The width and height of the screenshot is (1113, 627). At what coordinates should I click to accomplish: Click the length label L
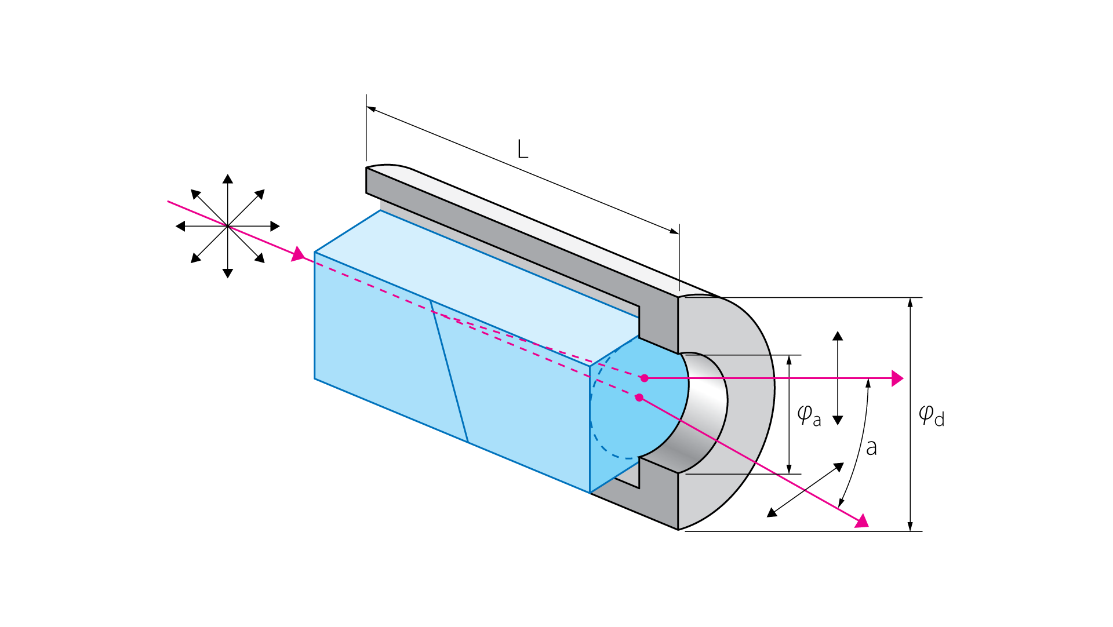click(522, 149)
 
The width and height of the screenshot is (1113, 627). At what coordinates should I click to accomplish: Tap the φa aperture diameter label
click(809, 415)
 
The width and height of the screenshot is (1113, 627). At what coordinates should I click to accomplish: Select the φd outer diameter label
click(932, 415)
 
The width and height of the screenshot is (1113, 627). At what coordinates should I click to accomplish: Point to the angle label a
click(871, 448)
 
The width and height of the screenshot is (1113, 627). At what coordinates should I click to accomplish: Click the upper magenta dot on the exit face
click(644, 378)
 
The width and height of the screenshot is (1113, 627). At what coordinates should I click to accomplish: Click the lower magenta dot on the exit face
click(639, 398)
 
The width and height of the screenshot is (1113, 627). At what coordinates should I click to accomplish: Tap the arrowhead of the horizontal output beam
click(897, 378)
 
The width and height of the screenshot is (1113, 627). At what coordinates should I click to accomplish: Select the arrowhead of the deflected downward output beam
click(862, 521)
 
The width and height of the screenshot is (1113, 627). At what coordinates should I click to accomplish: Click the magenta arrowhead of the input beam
click(298, 254)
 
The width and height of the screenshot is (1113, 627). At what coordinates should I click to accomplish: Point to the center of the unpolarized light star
click(228, 226)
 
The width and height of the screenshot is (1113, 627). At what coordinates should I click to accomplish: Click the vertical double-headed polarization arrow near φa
click(838, 378)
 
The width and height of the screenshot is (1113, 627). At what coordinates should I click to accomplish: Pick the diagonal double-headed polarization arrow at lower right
click(805, 490)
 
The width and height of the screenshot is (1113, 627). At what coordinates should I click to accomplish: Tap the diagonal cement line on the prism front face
click(449, 371)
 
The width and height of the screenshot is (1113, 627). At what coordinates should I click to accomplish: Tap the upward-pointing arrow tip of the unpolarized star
click(228, 178)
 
